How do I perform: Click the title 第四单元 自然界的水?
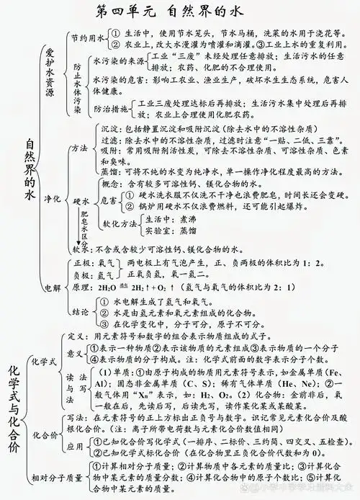[x=180, y=12]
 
